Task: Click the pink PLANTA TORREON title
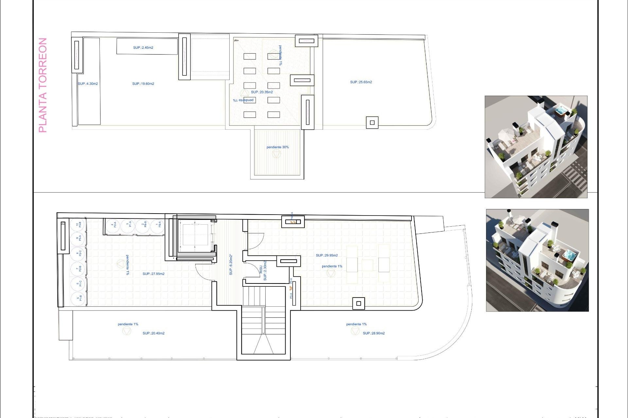click(43, 85)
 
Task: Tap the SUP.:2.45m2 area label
click(143, 48)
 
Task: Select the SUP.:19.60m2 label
click(143, 84)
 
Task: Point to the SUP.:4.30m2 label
click(88, 84)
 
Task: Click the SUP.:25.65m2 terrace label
click(361, 82)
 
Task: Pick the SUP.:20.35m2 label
click(262, 92)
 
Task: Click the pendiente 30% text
click(277, 147)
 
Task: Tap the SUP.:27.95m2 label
click(153, 274)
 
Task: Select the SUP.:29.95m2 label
click(327, 255)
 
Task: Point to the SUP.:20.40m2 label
click(153, 333)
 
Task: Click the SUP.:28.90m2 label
click(374, 333)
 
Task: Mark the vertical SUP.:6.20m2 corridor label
click(231, 265)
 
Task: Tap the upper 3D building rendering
click(536, 147)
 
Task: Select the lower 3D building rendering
click(537, 260)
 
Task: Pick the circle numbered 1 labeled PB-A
click(158, 225)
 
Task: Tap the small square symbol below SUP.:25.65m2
click(372, 123)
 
